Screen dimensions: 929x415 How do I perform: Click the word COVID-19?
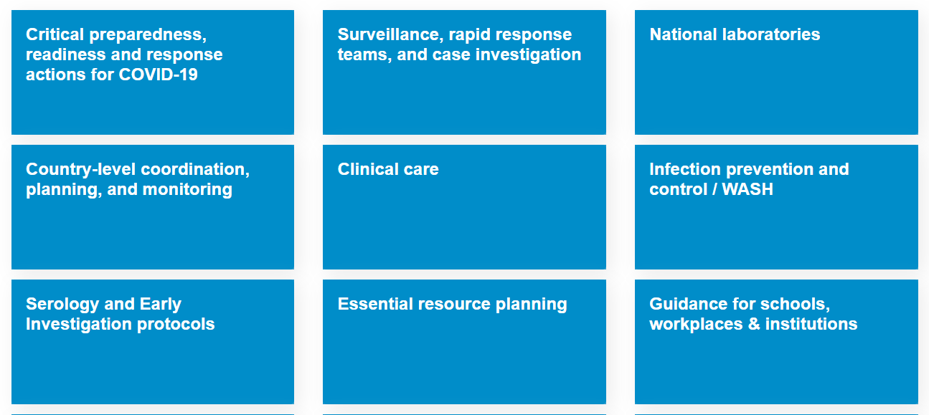pyautogui.click(x=158, y=75)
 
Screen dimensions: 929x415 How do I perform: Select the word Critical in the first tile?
pyautogui.click(x=55, y=34)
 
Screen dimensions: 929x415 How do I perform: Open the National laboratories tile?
pyautogui.click(x=776, y=72)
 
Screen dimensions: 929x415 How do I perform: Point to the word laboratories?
pyautogui.click(x=771, y=34)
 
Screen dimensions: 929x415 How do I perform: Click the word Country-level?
pyautogui.click(x=81, y=169)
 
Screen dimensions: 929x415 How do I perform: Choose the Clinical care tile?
pyautogui.click(x=464, y=207)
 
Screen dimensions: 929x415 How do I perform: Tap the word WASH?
pyautogui.click(x=748, y=189)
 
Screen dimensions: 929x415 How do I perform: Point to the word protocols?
pyautogui.click(x=176, y=324)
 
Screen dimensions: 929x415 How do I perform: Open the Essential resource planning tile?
pyautogui.click(x=464, y=342)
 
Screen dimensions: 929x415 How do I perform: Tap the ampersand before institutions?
pyautogui.click(x=754, y=324)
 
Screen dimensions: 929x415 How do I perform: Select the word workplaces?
pyautogui.click(x=696, y=324)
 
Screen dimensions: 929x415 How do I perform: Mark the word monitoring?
pyautogui.click(x=187, y=190)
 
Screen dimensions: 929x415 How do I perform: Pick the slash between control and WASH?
pyautogui.click(x=715, y=189)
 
